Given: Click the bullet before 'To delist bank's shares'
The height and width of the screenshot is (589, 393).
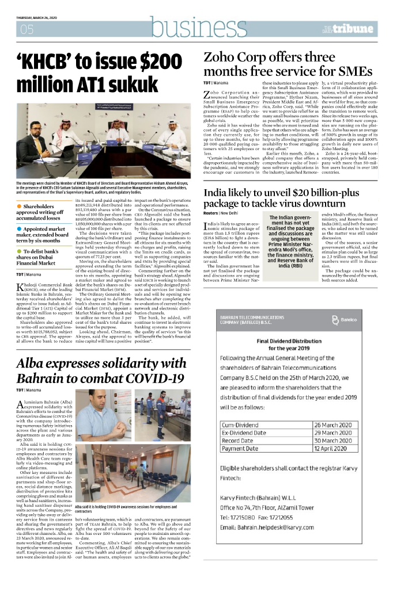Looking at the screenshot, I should coord(19,251).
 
